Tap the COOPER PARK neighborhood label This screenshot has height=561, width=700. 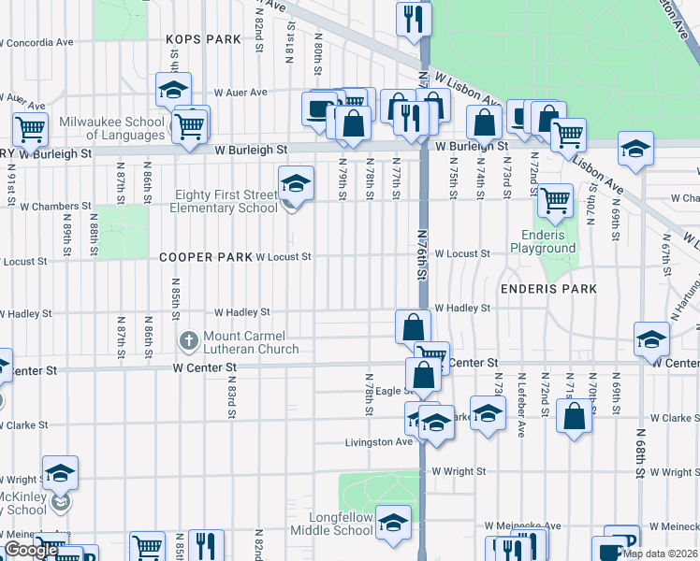[205, 256]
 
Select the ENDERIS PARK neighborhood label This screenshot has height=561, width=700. [548, 289]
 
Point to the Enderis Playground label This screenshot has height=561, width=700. [543, 241]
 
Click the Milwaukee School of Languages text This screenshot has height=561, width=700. [111, 129]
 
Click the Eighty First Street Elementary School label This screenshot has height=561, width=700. [224, 201]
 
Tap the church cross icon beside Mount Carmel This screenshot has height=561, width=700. [187, 338]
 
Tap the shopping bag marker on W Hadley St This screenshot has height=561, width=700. [413, 327]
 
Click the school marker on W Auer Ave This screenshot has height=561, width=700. [173, 90]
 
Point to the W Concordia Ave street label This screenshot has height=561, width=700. [37, 43]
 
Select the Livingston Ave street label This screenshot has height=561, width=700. [378, 442]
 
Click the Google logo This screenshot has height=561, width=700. [31, 551]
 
